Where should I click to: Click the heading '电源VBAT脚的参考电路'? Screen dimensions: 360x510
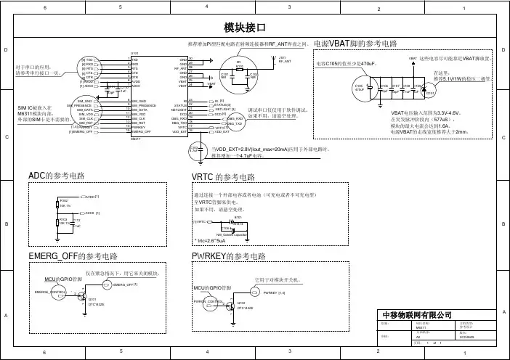pos(355,44)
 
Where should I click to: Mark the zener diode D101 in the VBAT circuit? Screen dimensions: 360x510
pos(429,92)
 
